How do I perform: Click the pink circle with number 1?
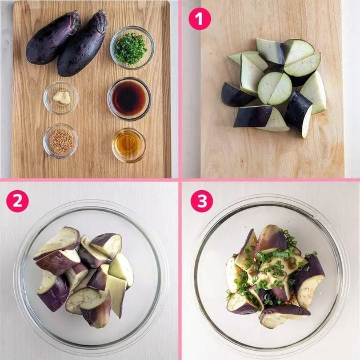[x=199, y=19]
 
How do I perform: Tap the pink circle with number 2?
[x=18, y=201]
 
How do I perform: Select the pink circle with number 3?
[x=202, y=201]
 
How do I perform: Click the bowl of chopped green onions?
[x=132, y=48]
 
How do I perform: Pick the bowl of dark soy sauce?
[x=129, y=99]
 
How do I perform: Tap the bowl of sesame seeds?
[x=61, y=141]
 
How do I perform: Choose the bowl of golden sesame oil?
[x=129, y=145]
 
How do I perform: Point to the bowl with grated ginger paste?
[x=61, y=98]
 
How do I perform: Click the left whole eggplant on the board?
[x=53, y=37]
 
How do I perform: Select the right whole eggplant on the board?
[x=82, y=43]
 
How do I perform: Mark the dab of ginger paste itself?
[x=62, y=98]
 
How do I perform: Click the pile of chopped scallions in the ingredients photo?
[x=130, y=49]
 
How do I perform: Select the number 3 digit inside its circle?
[x=202, y=201]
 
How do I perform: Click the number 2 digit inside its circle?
[x=18, y=201]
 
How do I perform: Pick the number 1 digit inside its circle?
[x=199, y=19]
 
